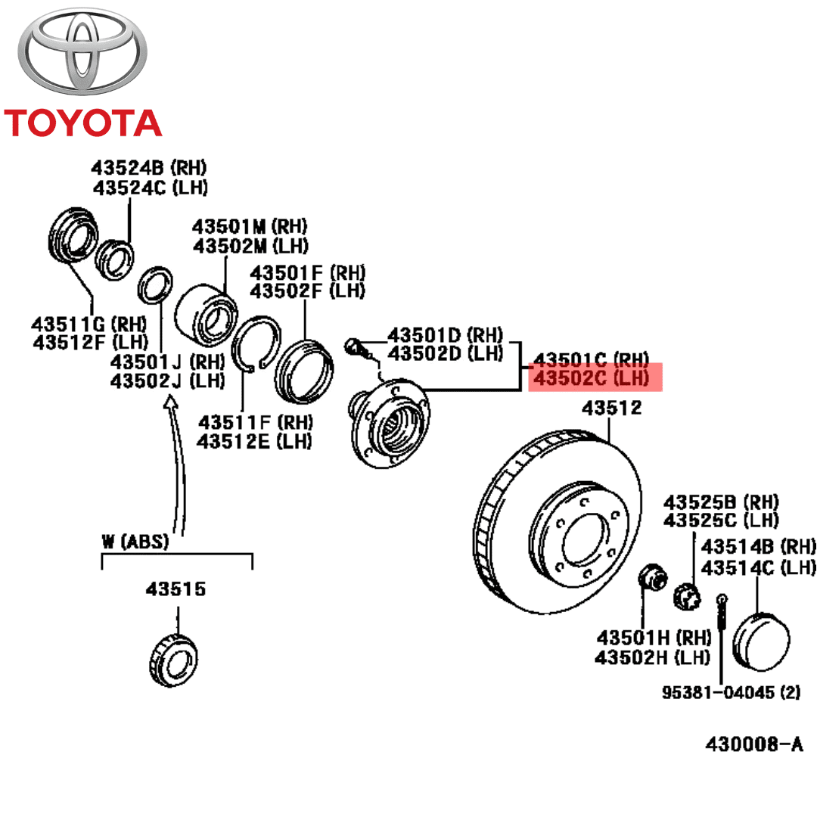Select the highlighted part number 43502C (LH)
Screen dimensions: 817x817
pyautogui.click(x=595, y=377)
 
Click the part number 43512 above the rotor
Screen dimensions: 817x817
pyautogui.click(x=611, y=409)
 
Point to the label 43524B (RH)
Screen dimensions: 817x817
pyautogui.click(x=149, y=167)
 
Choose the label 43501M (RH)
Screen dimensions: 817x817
pyautogui.click(x=250, y=225)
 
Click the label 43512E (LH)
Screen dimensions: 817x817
pyautogui.click(x=254, y=441)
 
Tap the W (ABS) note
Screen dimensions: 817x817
pyautogui.click(x=135, y=542)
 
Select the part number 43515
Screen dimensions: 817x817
pyautogui.click(x=176, y=589)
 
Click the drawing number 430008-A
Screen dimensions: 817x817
pyautogui.click(x=753, y=744)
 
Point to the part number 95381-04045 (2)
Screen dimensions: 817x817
pyautogui.click(x=731, y=692)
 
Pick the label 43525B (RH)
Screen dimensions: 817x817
pyautogui.click(x=721, y=502)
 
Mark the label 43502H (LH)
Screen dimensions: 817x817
pyautogui.click(x=652, y=657)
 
